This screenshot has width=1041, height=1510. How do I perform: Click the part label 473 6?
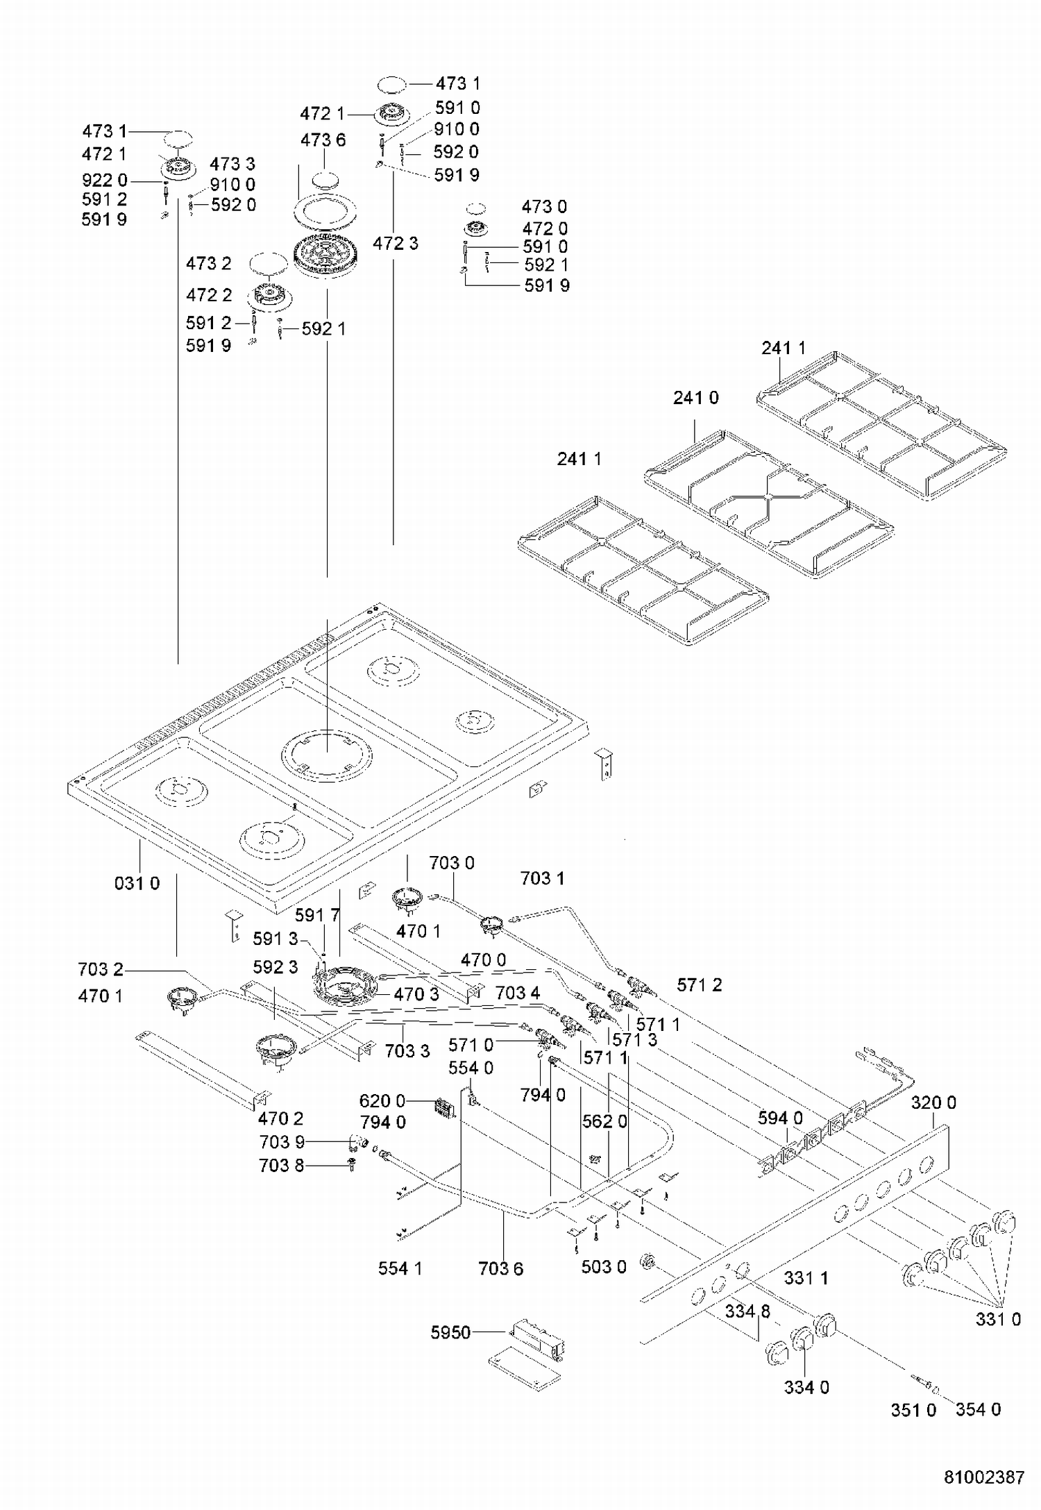coord(323,140)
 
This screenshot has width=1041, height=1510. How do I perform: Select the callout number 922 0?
coord(105,181)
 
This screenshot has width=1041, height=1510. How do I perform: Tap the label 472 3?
coord(396,243)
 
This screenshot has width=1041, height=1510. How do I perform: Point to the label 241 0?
coord(696,398)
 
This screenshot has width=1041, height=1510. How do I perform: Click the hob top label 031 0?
coord(137,883)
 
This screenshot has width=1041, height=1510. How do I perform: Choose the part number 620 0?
coord(382,1101)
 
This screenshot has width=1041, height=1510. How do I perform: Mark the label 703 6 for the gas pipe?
coord(500,1268)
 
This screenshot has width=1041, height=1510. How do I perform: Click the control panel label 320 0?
coord(933,1102)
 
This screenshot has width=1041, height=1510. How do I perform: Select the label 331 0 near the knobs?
coord(998,1319)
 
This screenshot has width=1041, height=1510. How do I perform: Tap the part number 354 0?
coord(978,1409)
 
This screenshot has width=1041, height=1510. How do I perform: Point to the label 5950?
coord(450,1332)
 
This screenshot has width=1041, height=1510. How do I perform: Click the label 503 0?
coord(604,1267)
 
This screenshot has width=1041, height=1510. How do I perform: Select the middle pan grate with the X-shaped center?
coord(769,504)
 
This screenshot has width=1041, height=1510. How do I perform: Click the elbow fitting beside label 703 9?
coord(358,1142)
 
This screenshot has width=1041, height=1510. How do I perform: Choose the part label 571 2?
coord(700,984)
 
